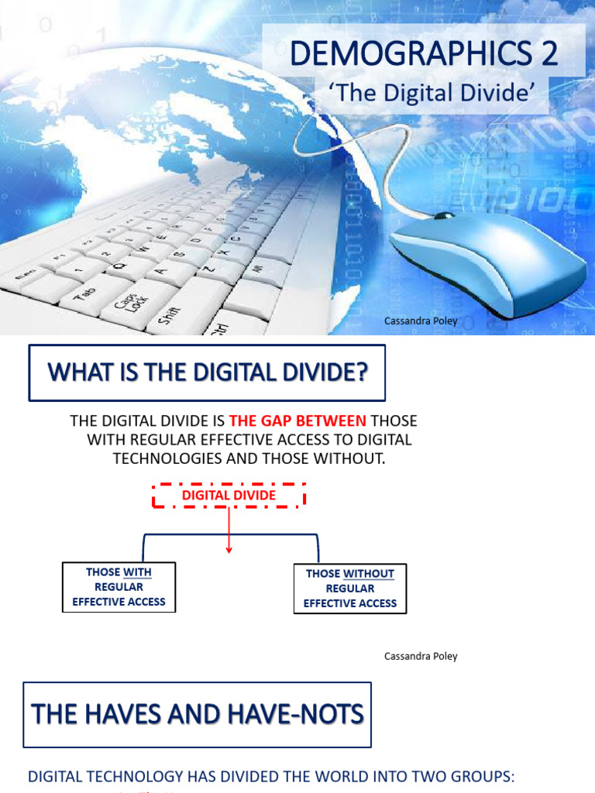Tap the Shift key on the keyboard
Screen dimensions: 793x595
point(169,314)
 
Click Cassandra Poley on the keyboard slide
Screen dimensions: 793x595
point(421,320)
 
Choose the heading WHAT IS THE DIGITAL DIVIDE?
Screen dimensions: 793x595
point(207,372)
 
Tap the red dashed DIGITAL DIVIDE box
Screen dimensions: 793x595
point(229,495)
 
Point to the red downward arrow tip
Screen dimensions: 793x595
point(229,551)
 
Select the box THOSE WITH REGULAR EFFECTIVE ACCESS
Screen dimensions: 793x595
point(119,587)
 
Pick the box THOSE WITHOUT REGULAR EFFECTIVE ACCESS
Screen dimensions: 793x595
point(350,589)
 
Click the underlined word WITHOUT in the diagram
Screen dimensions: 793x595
point(369,574)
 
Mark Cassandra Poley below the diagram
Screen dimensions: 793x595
point(421,656)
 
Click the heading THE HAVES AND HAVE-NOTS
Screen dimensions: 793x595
point(198,713)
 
